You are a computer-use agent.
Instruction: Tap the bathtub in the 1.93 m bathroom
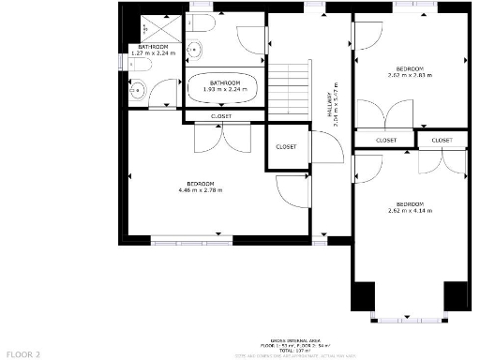[223, 92]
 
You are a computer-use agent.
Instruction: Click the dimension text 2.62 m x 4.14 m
[409, 212]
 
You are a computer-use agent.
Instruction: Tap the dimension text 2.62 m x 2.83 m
[409, 76]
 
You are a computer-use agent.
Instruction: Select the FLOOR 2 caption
[23, 354]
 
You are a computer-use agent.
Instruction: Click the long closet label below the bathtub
[221, 116]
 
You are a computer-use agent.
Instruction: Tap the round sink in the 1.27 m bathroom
[137, 91]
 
